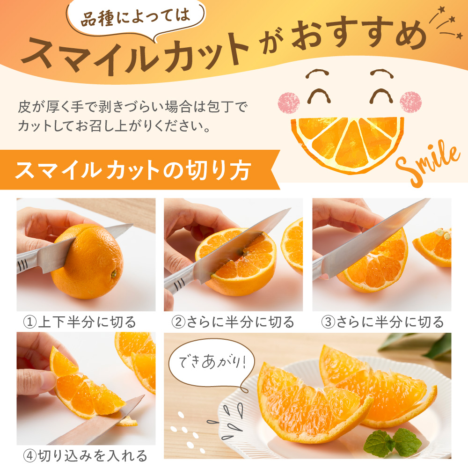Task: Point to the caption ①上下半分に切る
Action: (80, 322)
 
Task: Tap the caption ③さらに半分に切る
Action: (382, 322)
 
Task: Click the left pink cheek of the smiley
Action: (291, 101)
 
